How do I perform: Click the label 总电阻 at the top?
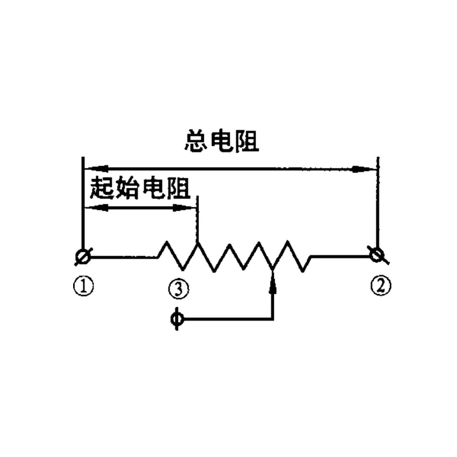(222, 141)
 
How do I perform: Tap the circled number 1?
(83, 286)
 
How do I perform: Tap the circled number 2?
(380, 286)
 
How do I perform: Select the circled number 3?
(178, 289)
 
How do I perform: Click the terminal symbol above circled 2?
(378, 255)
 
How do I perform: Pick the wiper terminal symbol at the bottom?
(177, 319)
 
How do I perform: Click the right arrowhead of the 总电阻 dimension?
(364, 169)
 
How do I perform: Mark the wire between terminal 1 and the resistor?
(124, 257)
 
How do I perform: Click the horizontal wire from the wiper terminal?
(228, 319)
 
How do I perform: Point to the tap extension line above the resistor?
(198, 219)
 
